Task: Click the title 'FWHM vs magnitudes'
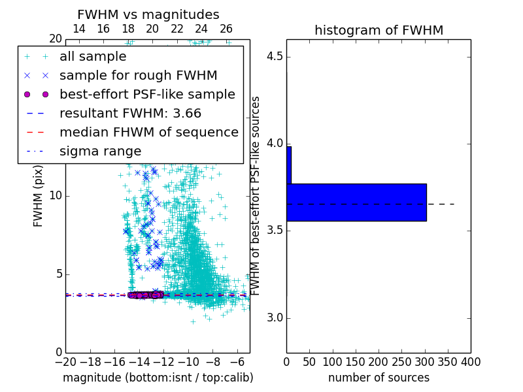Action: (x=148, y=14)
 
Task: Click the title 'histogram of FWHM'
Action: (x=379, y=30)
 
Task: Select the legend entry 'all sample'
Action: (x=93, y=57)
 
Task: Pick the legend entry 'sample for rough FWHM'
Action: (x=138, y=75)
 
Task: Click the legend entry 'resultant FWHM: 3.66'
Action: (x=130, y=113)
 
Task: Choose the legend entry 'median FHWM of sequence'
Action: (x=148, y=132)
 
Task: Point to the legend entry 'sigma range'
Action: (x=100, y=151)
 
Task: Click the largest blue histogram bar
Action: (x=356, y=202)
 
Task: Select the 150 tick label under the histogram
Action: (x=356, y=361)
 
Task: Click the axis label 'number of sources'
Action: (x=379, y=378)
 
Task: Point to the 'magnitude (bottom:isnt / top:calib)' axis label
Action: (x=158, y=378)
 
